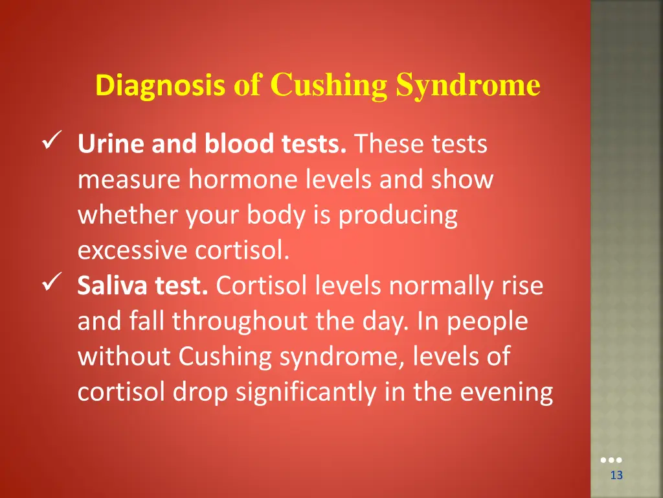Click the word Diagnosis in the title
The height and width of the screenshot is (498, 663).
(160, 86)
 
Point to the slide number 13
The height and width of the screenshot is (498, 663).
(616, 476)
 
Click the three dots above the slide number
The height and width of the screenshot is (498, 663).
(611, 460)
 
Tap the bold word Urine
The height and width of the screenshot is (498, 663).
(111, 144)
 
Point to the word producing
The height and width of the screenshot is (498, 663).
(398, 215)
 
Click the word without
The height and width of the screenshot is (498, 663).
(124, 357)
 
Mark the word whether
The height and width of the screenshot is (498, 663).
(128, 215)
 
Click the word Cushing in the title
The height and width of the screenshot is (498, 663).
(328, 86)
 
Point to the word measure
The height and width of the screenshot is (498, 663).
(128, 180)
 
